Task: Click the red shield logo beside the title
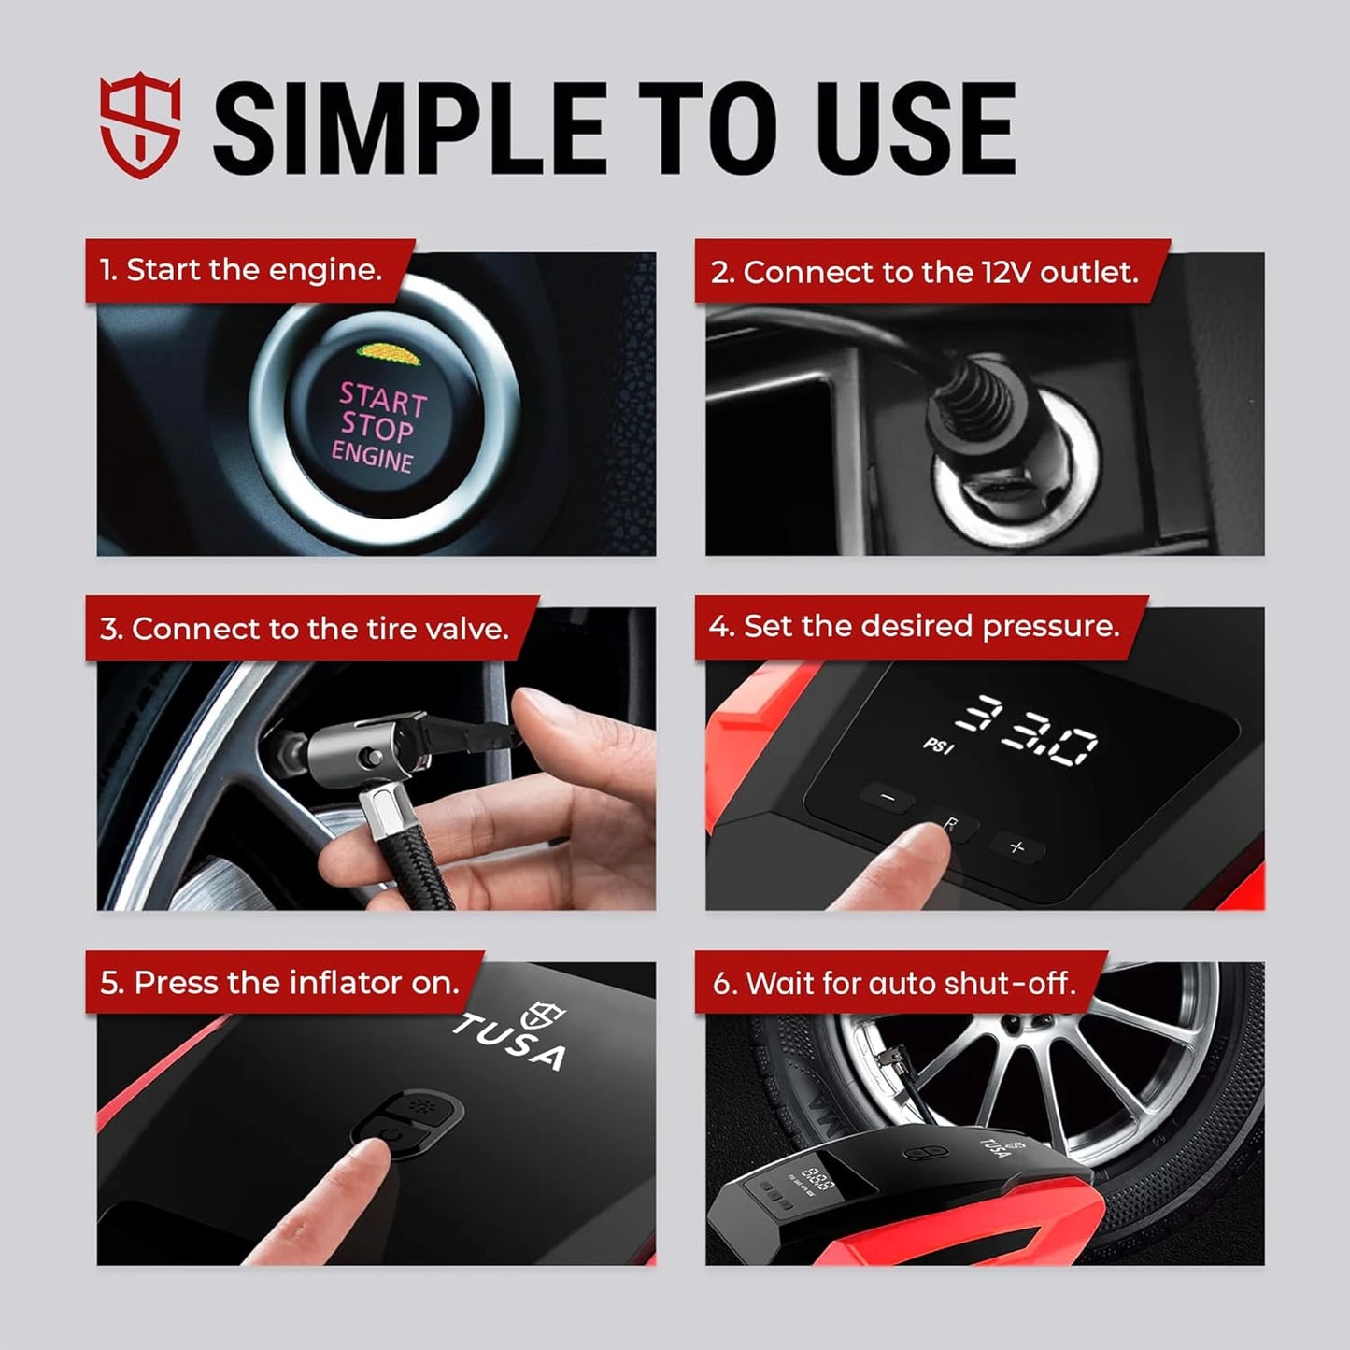click(x=140, y=128)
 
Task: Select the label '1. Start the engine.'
click(x=241, y=270)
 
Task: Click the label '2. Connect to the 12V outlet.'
click(x=924, y=272)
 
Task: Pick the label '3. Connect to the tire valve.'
click(x=305, y=629)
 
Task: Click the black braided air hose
click(x=411, y=860)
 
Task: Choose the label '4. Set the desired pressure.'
click(x=913, y=626)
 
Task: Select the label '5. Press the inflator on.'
click(x=279, y=983)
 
